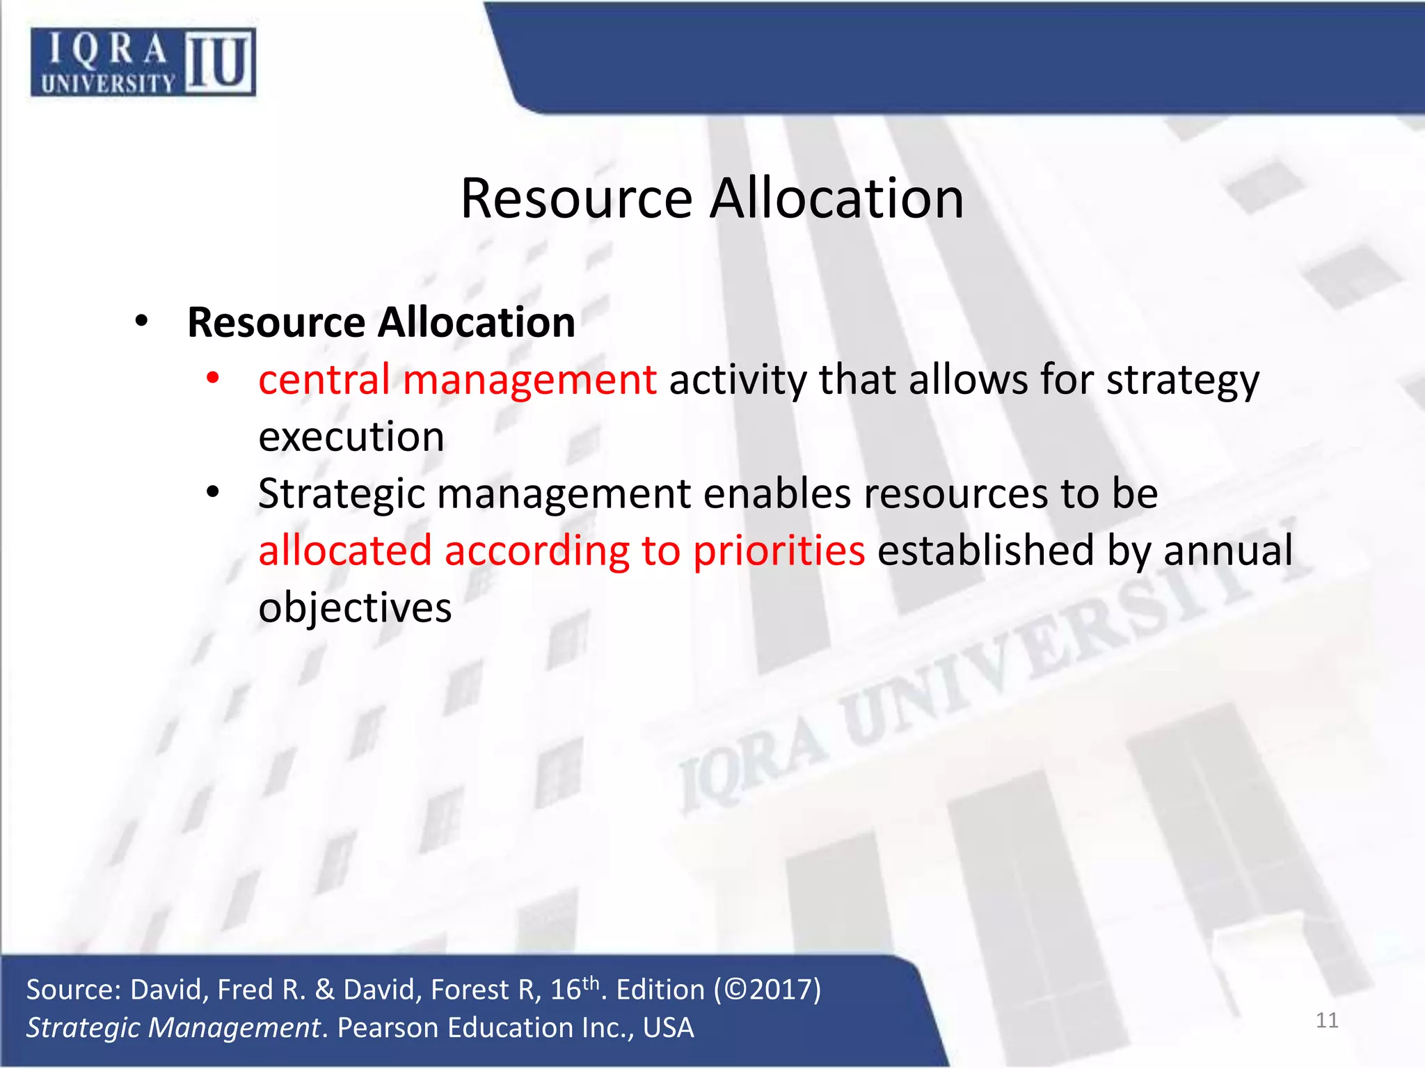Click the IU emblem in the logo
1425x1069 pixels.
[x=220, y=61]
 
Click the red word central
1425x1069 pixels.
[x=324, y=380]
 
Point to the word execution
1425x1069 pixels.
[x=351, y=437]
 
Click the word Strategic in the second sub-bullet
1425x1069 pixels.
[x=341, y=494]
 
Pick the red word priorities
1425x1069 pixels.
[x=779, y=551]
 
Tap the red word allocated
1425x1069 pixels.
[x=345, y=551]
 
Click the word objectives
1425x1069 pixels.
[x=355, y=608]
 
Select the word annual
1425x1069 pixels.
[x=1227, y=551]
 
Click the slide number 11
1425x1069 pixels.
[x=1327, y=1020]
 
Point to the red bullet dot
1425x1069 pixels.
[x=213, y=379]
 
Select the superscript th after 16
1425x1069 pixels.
[x=591, y=982]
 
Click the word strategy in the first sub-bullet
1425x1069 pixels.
[x=1182, y=381]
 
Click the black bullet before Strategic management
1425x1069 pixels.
[x=213, y=493]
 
